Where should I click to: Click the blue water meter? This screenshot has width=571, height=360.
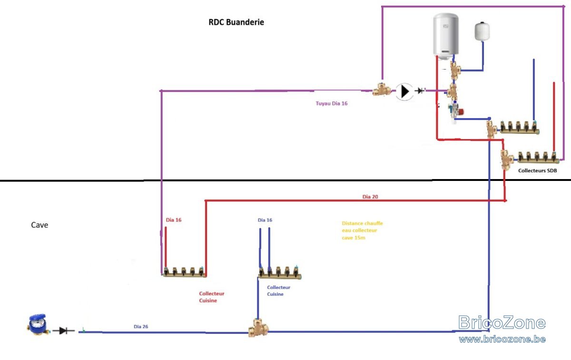38,324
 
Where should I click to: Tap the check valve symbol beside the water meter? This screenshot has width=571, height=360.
63,330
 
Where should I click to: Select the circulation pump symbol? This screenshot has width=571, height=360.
404,91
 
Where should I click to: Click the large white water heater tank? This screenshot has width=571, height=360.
446,36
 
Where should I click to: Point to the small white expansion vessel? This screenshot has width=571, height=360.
482,31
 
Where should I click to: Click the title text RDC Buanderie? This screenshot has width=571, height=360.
236,22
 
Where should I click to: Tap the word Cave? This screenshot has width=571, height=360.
39,225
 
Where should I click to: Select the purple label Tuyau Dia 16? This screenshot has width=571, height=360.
331,103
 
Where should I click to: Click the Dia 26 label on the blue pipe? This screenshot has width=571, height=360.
141,326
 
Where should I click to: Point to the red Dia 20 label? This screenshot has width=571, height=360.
370,197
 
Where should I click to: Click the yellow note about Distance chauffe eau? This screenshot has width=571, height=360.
362,230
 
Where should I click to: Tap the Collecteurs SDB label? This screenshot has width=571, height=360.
537,170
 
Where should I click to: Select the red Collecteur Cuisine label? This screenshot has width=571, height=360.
212,297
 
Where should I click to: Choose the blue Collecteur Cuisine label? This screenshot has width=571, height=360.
278,290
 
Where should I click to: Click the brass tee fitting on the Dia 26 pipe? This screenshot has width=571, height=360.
258,328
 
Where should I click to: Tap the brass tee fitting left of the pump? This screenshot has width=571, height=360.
382,90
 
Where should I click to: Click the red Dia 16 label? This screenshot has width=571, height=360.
174,220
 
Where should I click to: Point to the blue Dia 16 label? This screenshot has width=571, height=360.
265,220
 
